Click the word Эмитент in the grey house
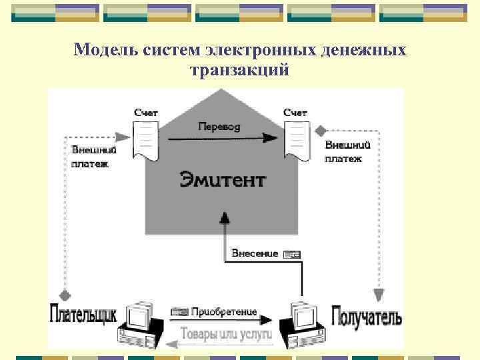click(x=223, y=179)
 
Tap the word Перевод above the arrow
click(x=219, y=126)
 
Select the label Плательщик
click(x=83, y=313)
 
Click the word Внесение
click(x=255, y=253)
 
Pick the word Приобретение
click(x=223, y=311)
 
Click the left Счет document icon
click(x=146, y=141)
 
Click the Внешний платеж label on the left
click(x=90, y=156)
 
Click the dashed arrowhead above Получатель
click(x=378, y=294)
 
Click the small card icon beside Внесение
click(x=292, y=254)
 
